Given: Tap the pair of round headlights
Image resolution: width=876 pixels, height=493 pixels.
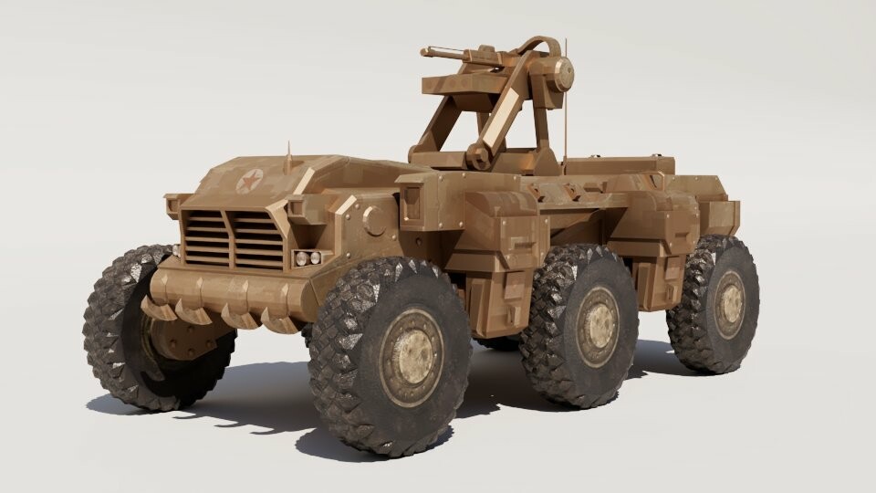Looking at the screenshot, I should pos(309,257).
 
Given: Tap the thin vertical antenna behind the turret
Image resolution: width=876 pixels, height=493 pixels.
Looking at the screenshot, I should pos(565,100).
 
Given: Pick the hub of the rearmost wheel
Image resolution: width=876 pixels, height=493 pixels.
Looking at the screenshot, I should pos(729,303).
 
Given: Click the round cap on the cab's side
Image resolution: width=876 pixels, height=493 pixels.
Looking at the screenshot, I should pos(373,219).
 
